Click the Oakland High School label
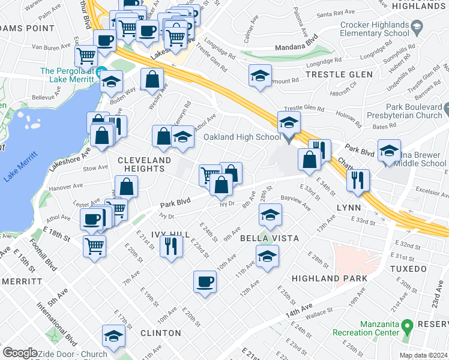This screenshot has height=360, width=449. click(242, 137)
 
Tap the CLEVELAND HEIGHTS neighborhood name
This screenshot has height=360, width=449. click(145, 164)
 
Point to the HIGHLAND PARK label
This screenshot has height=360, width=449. click(325, 278)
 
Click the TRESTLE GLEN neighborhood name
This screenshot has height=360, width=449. click(339, 74)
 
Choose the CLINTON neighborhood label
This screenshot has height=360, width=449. click(161, 332)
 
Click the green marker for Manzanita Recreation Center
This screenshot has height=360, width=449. click(407, 326)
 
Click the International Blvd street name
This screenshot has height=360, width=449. click(61, 318)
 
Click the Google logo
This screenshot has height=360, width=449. click(20, 353)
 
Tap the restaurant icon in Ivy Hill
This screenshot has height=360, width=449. click(171, 246)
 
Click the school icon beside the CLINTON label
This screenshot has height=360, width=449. click(113, 337)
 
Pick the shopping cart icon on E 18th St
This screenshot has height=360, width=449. click(94, 245)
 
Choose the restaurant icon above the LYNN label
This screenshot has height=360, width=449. click(358, 180)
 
